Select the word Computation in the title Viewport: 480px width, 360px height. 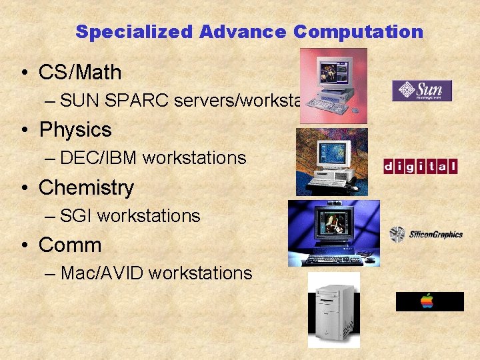pos(358,32)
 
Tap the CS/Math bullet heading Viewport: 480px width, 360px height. pos(80,72)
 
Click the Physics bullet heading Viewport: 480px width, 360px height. pos(75,129)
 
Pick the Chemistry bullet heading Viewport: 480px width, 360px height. pos(86,187)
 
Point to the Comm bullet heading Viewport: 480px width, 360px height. pos(70,245)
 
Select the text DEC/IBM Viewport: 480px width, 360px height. pos(98,158)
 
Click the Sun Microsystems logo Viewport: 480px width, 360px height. pos(422,91)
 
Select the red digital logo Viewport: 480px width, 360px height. pos(421,166)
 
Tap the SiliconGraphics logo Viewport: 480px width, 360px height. pos(426,234)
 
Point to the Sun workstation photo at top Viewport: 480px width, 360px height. pos(333,86)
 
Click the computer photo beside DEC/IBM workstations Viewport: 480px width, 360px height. pos(331,162)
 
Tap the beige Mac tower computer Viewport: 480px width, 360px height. pos(333,310)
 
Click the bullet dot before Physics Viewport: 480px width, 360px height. pos(23,130)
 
